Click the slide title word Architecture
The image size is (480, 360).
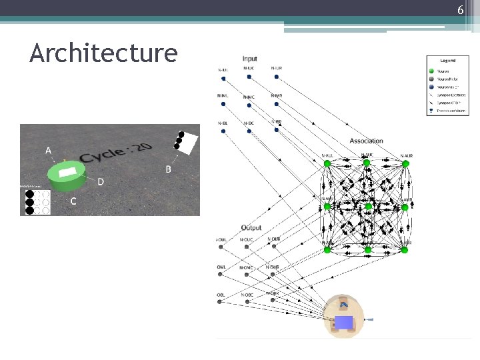pyautogui.click(x=103, y=53)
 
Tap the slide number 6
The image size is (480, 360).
pyautogui.click(x=460, y=10)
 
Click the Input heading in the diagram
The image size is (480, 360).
pyautogui.click(x=250, y=59)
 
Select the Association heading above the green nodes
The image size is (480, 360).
pyautogui.click(x=366, y=141)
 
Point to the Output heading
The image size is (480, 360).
pyautogui.click(x=251, y=228)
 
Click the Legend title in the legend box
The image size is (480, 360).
pyautogui.click(x=447, y=61)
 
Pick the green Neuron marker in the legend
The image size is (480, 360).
pyautogui.click(x=431, y=71)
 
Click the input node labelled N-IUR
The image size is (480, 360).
pyautogui.click(x=277, y=77)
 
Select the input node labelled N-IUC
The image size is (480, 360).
pyautogui.click(x=249, y=77)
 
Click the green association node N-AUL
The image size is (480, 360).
pyautogui.click(x=327, y=163)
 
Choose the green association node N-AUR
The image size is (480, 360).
pyautogui.click(x=405, y=163)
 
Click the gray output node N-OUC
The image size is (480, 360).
pyautogui.click(x=247, y=247)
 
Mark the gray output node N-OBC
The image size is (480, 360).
pyautogui.click(x=247, y=301)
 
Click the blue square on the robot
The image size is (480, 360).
pyautogui.click(x=343, y=323)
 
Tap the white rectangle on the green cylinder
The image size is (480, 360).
pyautogui.click(x=68, y=172)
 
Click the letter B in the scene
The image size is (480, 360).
pyautogui.click(x=168, y=169)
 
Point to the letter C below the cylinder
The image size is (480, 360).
pyautogui.click(x=73, y=201)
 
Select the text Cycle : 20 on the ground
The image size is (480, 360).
pyautogui.click(x=116, y=153)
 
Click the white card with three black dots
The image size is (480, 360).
pyautogui.click(x=186, y=141)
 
